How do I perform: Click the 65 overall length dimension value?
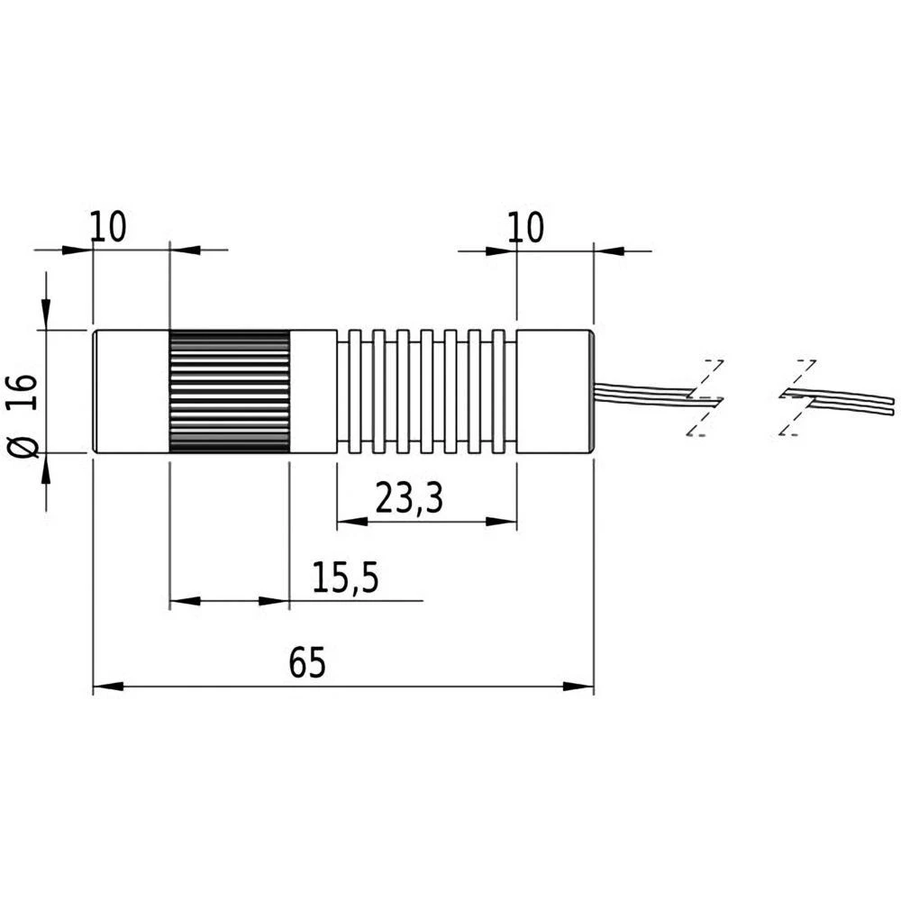click(x=306, y=664)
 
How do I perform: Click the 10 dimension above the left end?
click(x=108, y=228)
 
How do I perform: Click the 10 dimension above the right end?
click(x=525, y=228)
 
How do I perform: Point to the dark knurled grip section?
click(x=229, y=392)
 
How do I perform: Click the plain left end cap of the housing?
click(x=131, y=392)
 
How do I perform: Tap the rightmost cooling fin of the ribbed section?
click(x=498, y=392)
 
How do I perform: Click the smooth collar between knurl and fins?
click(x=312, y=392)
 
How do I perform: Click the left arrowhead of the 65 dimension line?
click(x=105, y=687)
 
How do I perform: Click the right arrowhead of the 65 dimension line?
click(x=580, y=687)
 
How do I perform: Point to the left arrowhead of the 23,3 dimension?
click(x=349, y=522)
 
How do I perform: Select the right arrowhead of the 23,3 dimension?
click(x=505, y=522)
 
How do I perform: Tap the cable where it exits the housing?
click(x=613, y=387)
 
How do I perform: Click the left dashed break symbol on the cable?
click(x=704, y=397)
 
